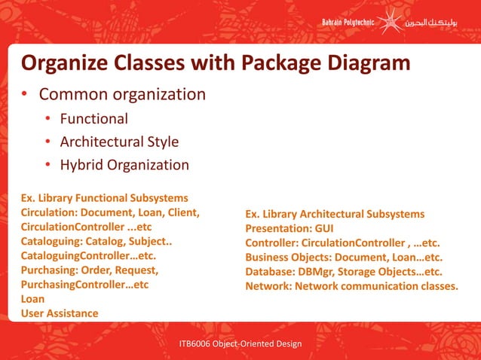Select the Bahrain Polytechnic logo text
coord(351,23)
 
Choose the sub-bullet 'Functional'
coord(93,118)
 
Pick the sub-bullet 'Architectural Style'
coord(119,142)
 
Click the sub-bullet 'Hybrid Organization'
coord(124,165)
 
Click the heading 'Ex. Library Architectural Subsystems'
coord(335,215)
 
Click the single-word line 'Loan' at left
coord(32,299)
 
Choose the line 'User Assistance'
coord(60,313)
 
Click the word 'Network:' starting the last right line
coord(268,286)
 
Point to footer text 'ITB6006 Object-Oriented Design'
coord(240,344)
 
